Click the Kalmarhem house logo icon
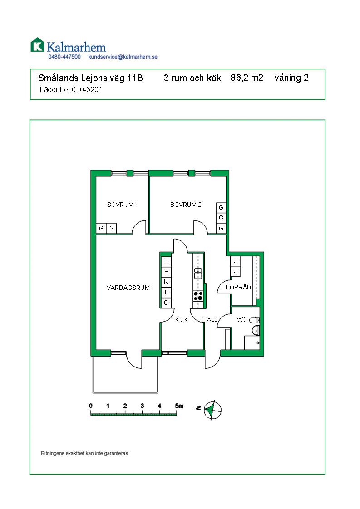pyautogui.click(x=37, y=45)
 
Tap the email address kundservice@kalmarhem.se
pyautogui.click(x=123, y=57)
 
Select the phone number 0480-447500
pyautogui.click(x=64, y=57)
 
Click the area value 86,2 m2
pyautogui.click(x=247, y=78)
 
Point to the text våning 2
pyautogui.click(x=291, y=78)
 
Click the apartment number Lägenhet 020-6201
pyautogui.click(x=71, y=89)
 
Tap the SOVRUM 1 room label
pyautogui.click(x=123, y=205)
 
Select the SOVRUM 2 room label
pyautogui.click(x=186, y=205)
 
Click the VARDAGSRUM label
pyautogui.click(x=128, y=288)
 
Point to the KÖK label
pyautogui.click(x=181, y=320)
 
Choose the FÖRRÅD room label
pyautogui.click(x=238, y=287)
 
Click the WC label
pyautogui.click(x=242, y=319)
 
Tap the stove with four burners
pyautogui.click(x=198, y=296)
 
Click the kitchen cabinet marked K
pyautogui.click(x=166, y=282)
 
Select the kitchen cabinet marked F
pyautogui.click(x=166, y=292)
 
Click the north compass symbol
pyautogui.click(x=212, y=410)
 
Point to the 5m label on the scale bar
pyautogui.click(x=179, y=406)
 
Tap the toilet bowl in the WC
pyautogui.click(x=254, y=320)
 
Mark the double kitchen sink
pyautogui.click(x=198, y=274)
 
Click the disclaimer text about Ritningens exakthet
pyautogui.click(x=84, y=453)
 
